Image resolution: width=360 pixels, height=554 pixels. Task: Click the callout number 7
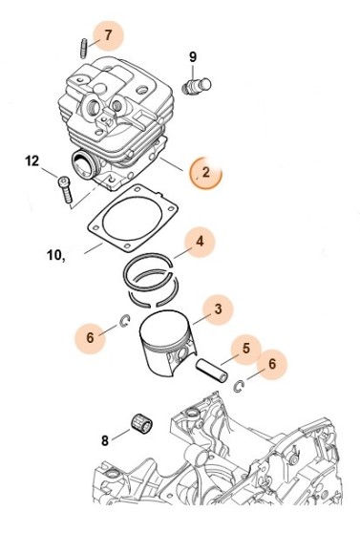(108, 35)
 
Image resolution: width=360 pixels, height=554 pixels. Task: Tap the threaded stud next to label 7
(83, 49)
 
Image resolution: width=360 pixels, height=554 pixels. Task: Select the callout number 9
(193, 57)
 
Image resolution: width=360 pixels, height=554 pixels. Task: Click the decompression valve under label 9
(197, 86)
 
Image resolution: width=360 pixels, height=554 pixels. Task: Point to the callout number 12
(32, 161)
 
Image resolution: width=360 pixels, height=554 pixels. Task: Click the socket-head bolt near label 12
(65, 190)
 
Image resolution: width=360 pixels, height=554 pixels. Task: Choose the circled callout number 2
(206, 173)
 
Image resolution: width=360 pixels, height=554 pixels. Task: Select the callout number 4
(200, 242)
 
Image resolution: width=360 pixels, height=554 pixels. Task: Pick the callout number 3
(219, 309)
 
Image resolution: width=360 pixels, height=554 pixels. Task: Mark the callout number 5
(246, 349)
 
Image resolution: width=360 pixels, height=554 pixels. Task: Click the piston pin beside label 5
(212, 371)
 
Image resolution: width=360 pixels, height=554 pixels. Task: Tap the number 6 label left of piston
(90, 337)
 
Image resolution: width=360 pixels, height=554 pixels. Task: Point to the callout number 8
(105, 441)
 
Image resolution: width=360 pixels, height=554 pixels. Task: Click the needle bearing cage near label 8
(141, 422)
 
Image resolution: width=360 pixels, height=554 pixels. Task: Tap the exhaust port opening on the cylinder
(84, 165)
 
